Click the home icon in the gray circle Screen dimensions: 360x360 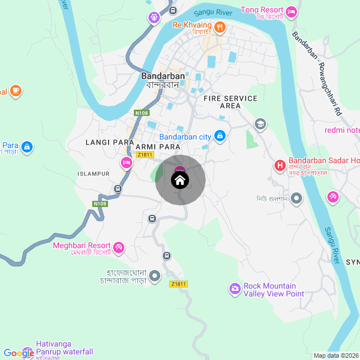[179, 181]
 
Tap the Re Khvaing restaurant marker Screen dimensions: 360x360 [220, 26]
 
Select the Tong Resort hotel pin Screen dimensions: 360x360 [291, 11]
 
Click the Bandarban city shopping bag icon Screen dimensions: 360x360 [220, 136]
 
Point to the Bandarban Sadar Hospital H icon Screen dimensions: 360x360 [279, 165]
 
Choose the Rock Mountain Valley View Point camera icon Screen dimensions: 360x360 [235, 289]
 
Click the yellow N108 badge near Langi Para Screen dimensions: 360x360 [142, 113]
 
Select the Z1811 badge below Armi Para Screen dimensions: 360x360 [145, 155]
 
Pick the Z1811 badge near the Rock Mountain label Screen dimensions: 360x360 [178, 284]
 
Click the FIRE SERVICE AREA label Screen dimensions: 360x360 [231, 102]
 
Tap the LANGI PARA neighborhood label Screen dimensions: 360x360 [110, 142]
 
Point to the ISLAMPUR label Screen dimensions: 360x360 [93, 174]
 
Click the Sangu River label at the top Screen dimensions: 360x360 [213, 12]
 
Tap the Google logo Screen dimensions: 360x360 [19, 353]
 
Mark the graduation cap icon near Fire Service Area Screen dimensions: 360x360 [260, 124]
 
